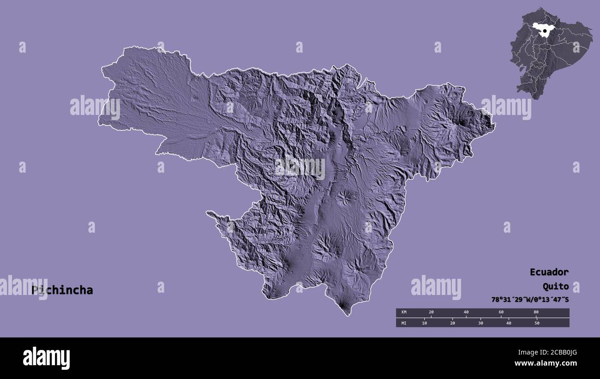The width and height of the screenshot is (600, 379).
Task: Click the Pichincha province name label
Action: pos(62,290)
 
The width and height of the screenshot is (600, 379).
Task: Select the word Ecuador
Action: pos(549,272)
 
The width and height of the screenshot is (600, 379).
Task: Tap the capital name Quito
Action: pos(555,286)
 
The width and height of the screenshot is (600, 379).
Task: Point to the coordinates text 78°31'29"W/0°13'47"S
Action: pos(530,299)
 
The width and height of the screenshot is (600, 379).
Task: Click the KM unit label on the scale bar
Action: pos(404,313)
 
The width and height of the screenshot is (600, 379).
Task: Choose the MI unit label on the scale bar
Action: pos(404,323)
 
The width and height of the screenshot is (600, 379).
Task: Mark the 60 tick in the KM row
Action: pos(501,313)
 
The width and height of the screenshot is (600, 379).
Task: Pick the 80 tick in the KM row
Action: pos(536,313)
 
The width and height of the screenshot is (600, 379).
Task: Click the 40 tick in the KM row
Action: pos(466,313)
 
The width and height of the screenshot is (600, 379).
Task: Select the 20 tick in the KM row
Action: pos(431,313)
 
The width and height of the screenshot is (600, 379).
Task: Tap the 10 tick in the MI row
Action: pos(425,323)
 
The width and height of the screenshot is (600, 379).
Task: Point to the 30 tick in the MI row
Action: pos(480,323)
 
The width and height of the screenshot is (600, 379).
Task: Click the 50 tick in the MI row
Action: pos(537,323)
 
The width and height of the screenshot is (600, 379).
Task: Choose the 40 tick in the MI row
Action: pos(509,323)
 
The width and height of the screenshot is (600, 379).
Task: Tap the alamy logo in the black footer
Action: pos(47,358)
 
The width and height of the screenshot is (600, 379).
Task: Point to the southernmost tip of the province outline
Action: pos(348,316)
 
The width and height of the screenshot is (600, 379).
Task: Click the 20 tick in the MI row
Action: pos(452,323)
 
